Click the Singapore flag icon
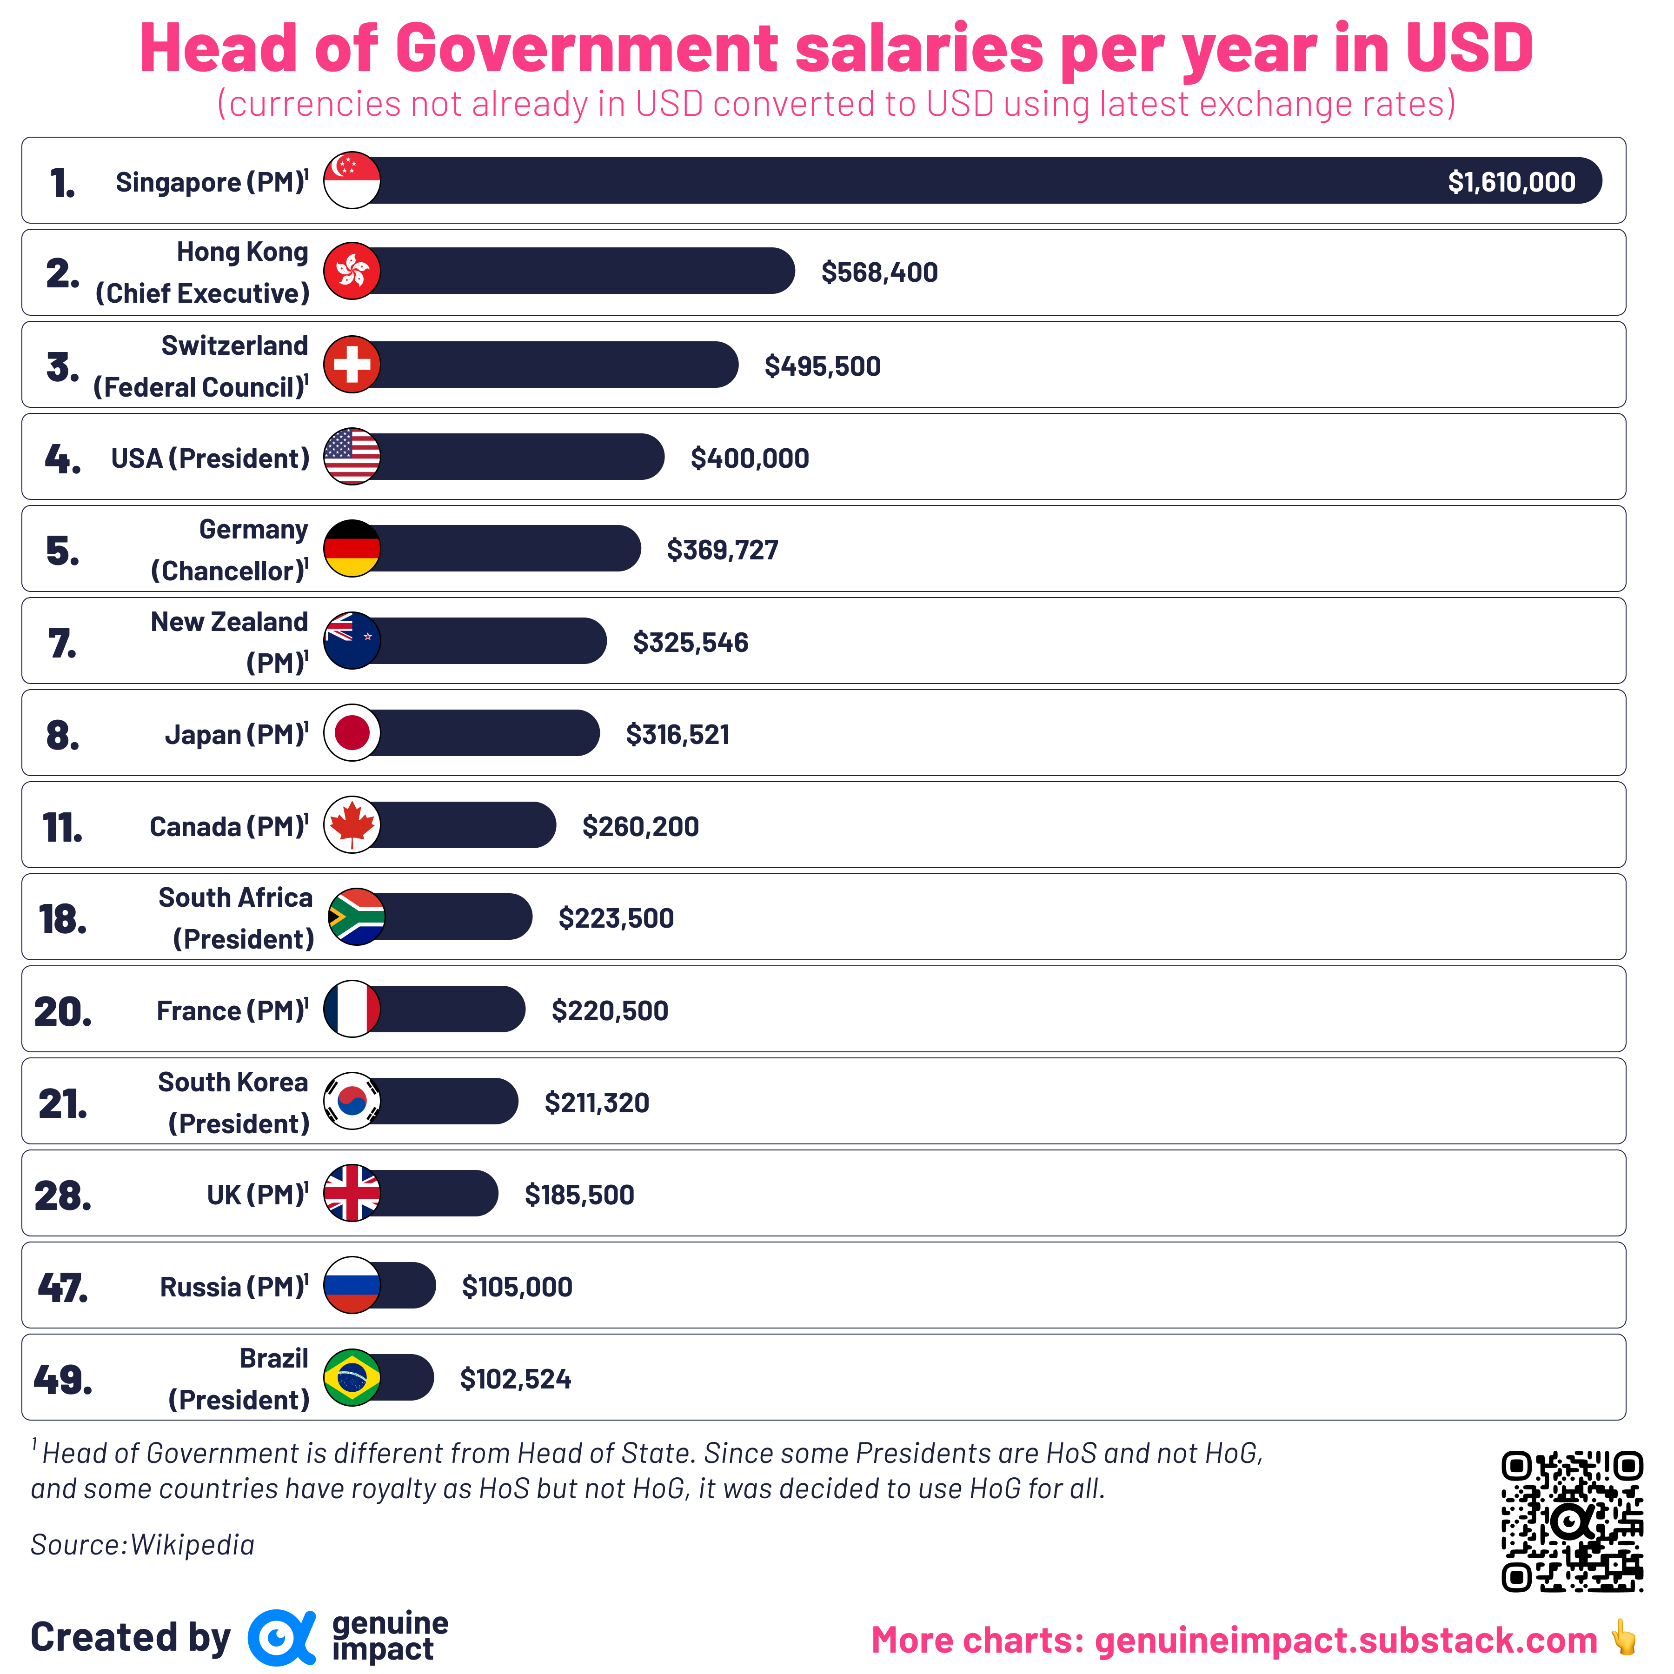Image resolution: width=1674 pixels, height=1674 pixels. (352, 180)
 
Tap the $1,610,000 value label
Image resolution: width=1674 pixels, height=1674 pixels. (1511, 182)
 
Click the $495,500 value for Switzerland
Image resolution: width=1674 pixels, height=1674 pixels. (822, 365)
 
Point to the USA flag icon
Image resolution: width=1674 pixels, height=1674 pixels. (352, 457)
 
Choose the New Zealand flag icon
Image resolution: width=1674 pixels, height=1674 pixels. (352, 640)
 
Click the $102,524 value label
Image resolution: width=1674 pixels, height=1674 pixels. (516, 1379)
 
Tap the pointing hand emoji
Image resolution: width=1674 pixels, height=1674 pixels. (1623, 1638)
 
